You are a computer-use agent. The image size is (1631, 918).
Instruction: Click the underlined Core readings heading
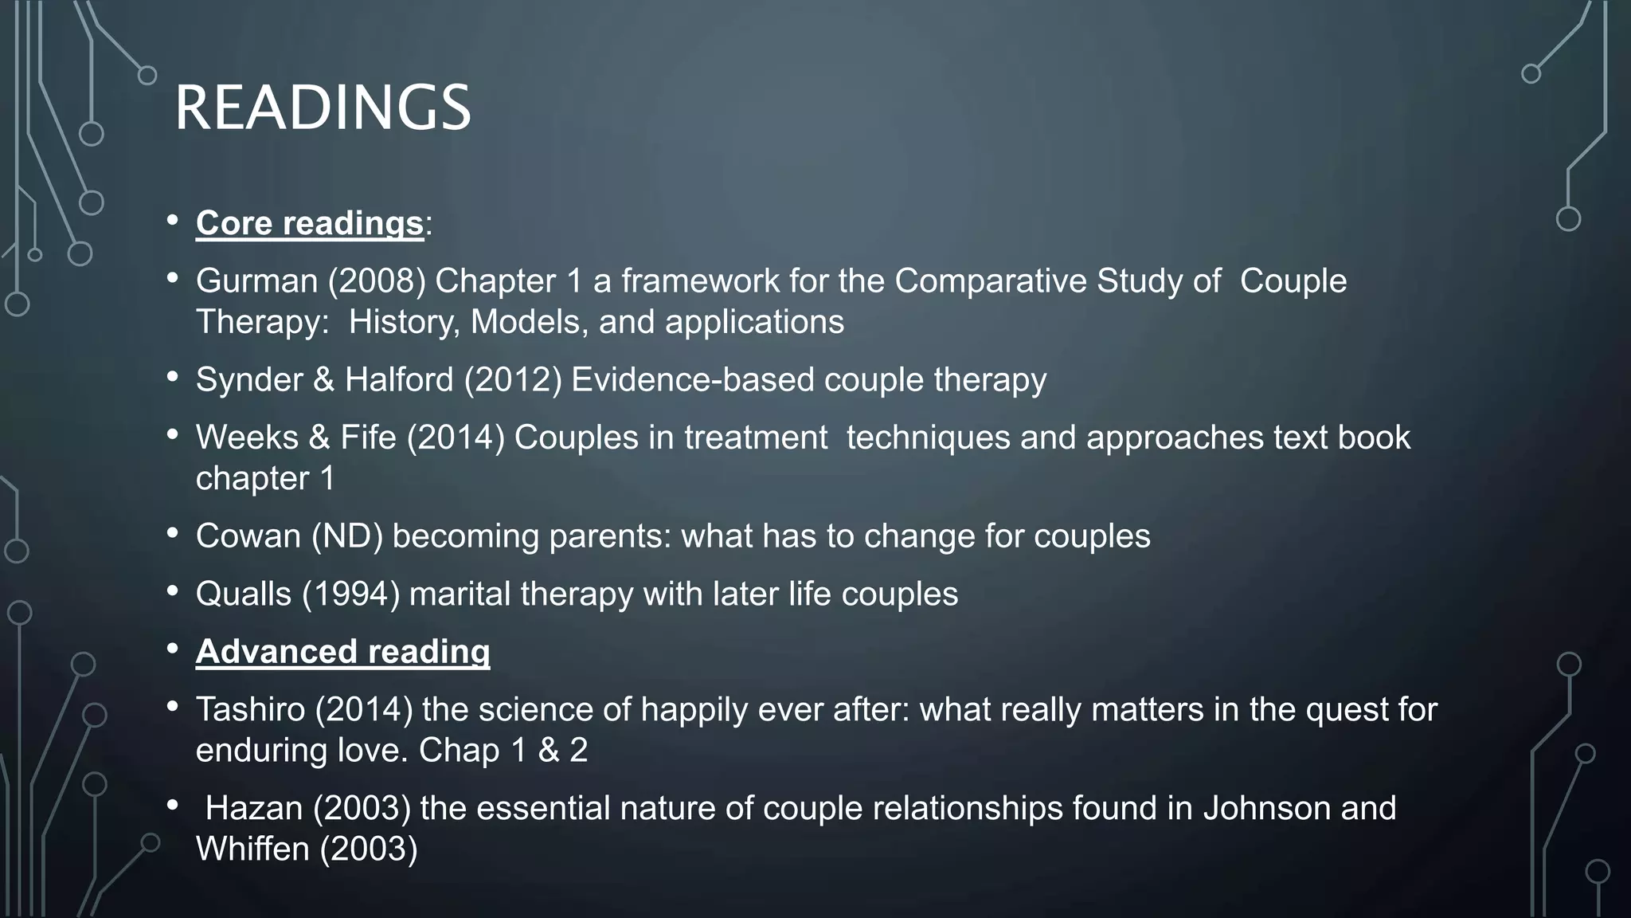309,223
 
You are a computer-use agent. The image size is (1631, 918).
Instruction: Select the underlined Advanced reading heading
342,652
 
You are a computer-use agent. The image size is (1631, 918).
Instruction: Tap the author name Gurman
256,281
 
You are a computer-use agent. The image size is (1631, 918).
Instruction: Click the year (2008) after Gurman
377,281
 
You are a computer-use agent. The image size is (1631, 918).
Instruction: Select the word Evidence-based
692,380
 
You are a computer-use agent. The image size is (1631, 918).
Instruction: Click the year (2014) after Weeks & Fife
456,438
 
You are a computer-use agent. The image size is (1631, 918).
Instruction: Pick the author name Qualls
244,594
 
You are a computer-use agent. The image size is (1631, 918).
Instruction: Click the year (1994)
350,594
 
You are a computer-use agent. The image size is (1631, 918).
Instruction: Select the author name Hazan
254,809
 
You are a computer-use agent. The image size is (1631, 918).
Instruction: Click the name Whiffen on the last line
252,849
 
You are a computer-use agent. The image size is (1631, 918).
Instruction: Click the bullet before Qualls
172,592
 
